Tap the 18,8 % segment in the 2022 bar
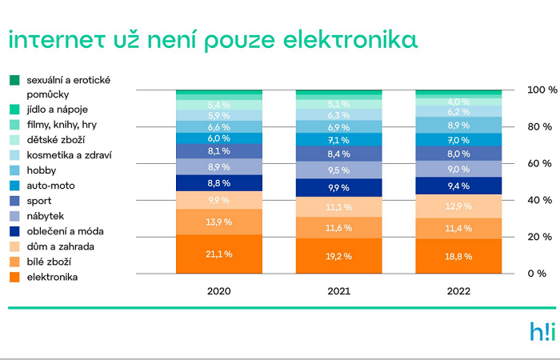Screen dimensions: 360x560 pyautogui.click(x=458, y=257)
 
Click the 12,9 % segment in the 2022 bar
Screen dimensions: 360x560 pyautogui.click(x=458, y=206)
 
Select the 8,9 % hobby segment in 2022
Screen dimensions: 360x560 pyautogui.click(x=458, y=126)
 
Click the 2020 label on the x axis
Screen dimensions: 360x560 pyautogui.click(x=218, y=290)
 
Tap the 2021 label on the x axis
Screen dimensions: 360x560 pyautogui.click(x=338, y=290)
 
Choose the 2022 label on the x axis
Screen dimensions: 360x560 pyautogui.click(x=458, y=290)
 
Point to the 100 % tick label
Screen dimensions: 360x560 pyautogui.click(x=540, y=90)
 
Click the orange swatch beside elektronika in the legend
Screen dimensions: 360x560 pyautogui.click(x=14, y=278)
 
